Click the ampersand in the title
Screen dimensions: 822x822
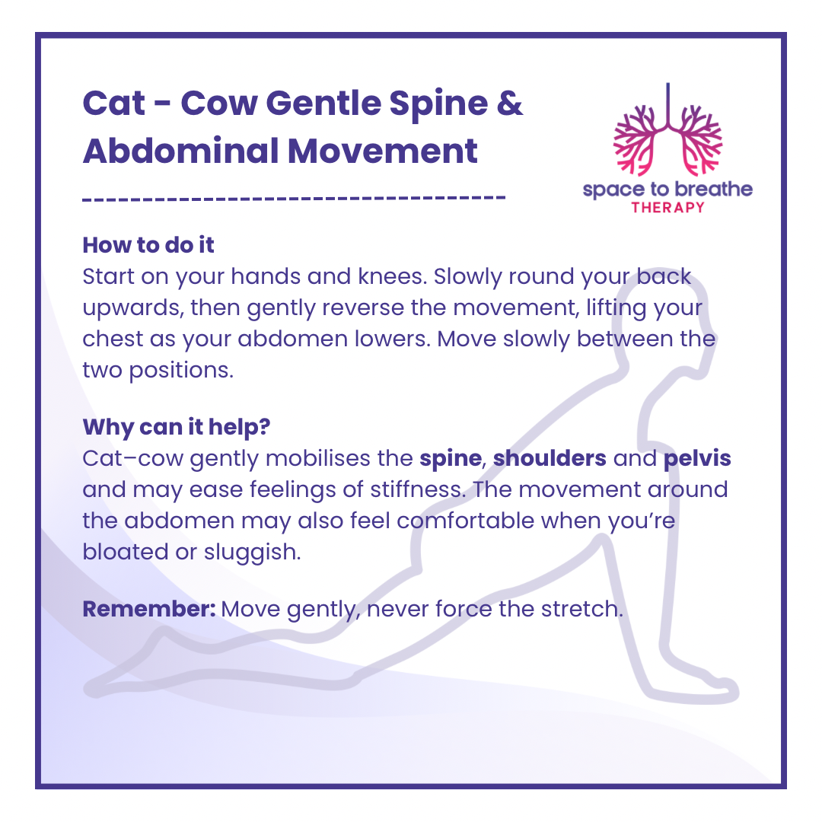coord(509,103)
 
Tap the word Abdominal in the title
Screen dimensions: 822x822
coord(181,151)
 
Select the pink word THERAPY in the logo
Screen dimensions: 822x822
coord(668,208)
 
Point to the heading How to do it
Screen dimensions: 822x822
coord(148,245)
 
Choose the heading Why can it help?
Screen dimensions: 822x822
coord(177,427)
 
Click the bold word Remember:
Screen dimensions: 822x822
coord(149,609)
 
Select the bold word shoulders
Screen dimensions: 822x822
coord(550,458)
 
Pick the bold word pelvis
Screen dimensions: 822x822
coord(697,459)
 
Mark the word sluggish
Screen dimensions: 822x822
coord(252,553)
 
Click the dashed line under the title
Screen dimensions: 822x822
coord(294,198)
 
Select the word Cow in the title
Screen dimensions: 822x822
coord(219,103)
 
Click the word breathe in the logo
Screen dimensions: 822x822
coord(714,189)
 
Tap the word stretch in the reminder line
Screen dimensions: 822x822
coord(582,609)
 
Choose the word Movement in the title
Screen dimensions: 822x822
coord(383,151)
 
